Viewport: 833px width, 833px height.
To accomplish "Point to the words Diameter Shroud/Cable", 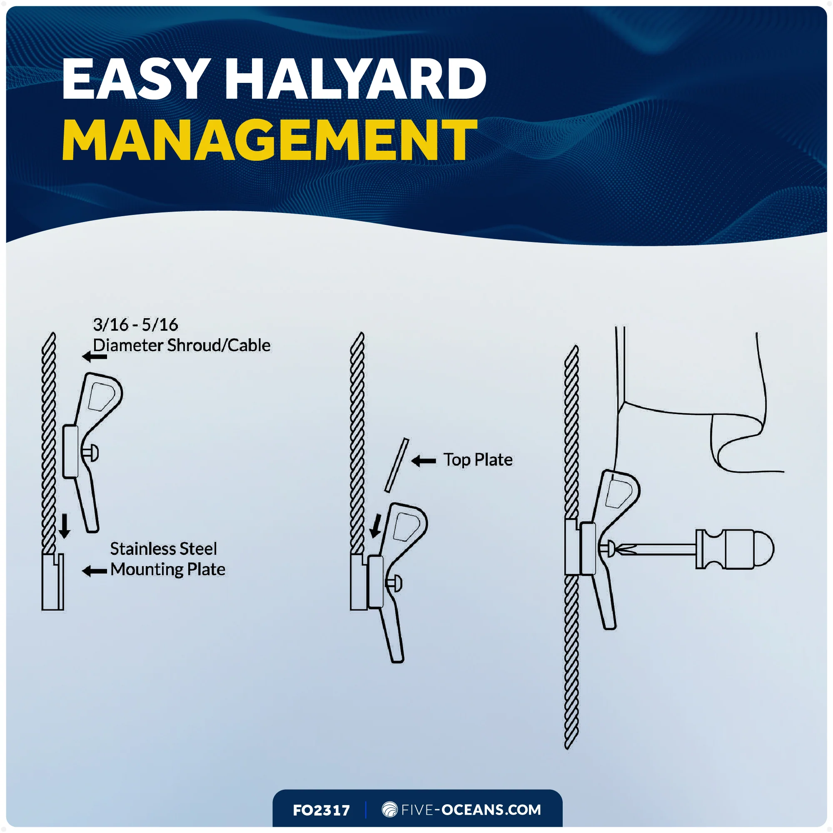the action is coord(182,345).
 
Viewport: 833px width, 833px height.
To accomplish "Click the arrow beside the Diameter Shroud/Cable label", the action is coord(95,357).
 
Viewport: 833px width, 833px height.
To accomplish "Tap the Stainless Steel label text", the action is coord(163,549).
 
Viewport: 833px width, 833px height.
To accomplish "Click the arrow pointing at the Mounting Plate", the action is coord(95,572).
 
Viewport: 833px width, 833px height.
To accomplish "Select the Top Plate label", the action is coord(478,460).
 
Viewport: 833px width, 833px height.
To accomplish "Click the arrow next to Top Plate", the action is coord(424,461).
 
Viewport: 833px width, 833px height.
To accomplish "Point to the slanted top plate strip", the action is coord(397,465).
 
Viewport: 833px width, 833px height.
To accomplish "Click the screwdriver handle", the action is coord(735,549).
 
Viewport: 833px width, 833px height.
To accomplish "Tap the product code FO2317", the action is coord(321,811).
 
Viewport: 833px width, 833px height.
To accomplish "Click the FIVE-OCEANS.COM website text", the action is coord(471,810).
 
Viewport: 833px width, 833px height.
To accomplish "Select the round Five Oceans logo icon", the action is coord(390,810).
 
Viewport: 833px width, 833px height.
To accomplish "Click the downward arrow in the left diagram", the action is coord(65,526).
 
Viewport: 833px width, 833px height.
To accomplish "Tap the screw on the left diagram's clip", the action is coord(90,453).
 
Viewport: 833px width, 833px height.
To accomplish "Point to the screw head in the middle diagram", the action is coord(394,584).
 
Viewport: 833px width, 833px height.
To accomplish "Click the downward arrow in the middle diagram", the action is coord(376,526).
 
